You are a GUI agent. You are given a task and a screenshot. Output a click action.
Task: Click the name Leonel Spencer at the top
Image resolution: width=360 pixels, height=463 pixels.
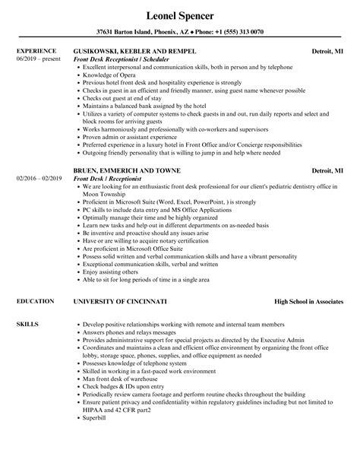point(180,14)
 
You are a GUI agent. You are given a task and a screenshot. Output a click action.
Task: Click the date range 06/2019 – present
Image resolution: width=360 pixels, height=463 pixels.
point(37,59)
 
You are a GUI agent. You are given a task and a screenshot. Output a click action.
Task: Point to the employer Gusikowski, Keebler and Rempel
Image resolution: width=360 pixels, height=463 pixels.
point(135,52)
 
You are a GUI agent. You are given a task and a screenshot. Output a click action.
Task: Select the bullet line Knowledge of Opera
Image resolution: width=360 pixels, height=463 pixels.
point(110,75)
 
